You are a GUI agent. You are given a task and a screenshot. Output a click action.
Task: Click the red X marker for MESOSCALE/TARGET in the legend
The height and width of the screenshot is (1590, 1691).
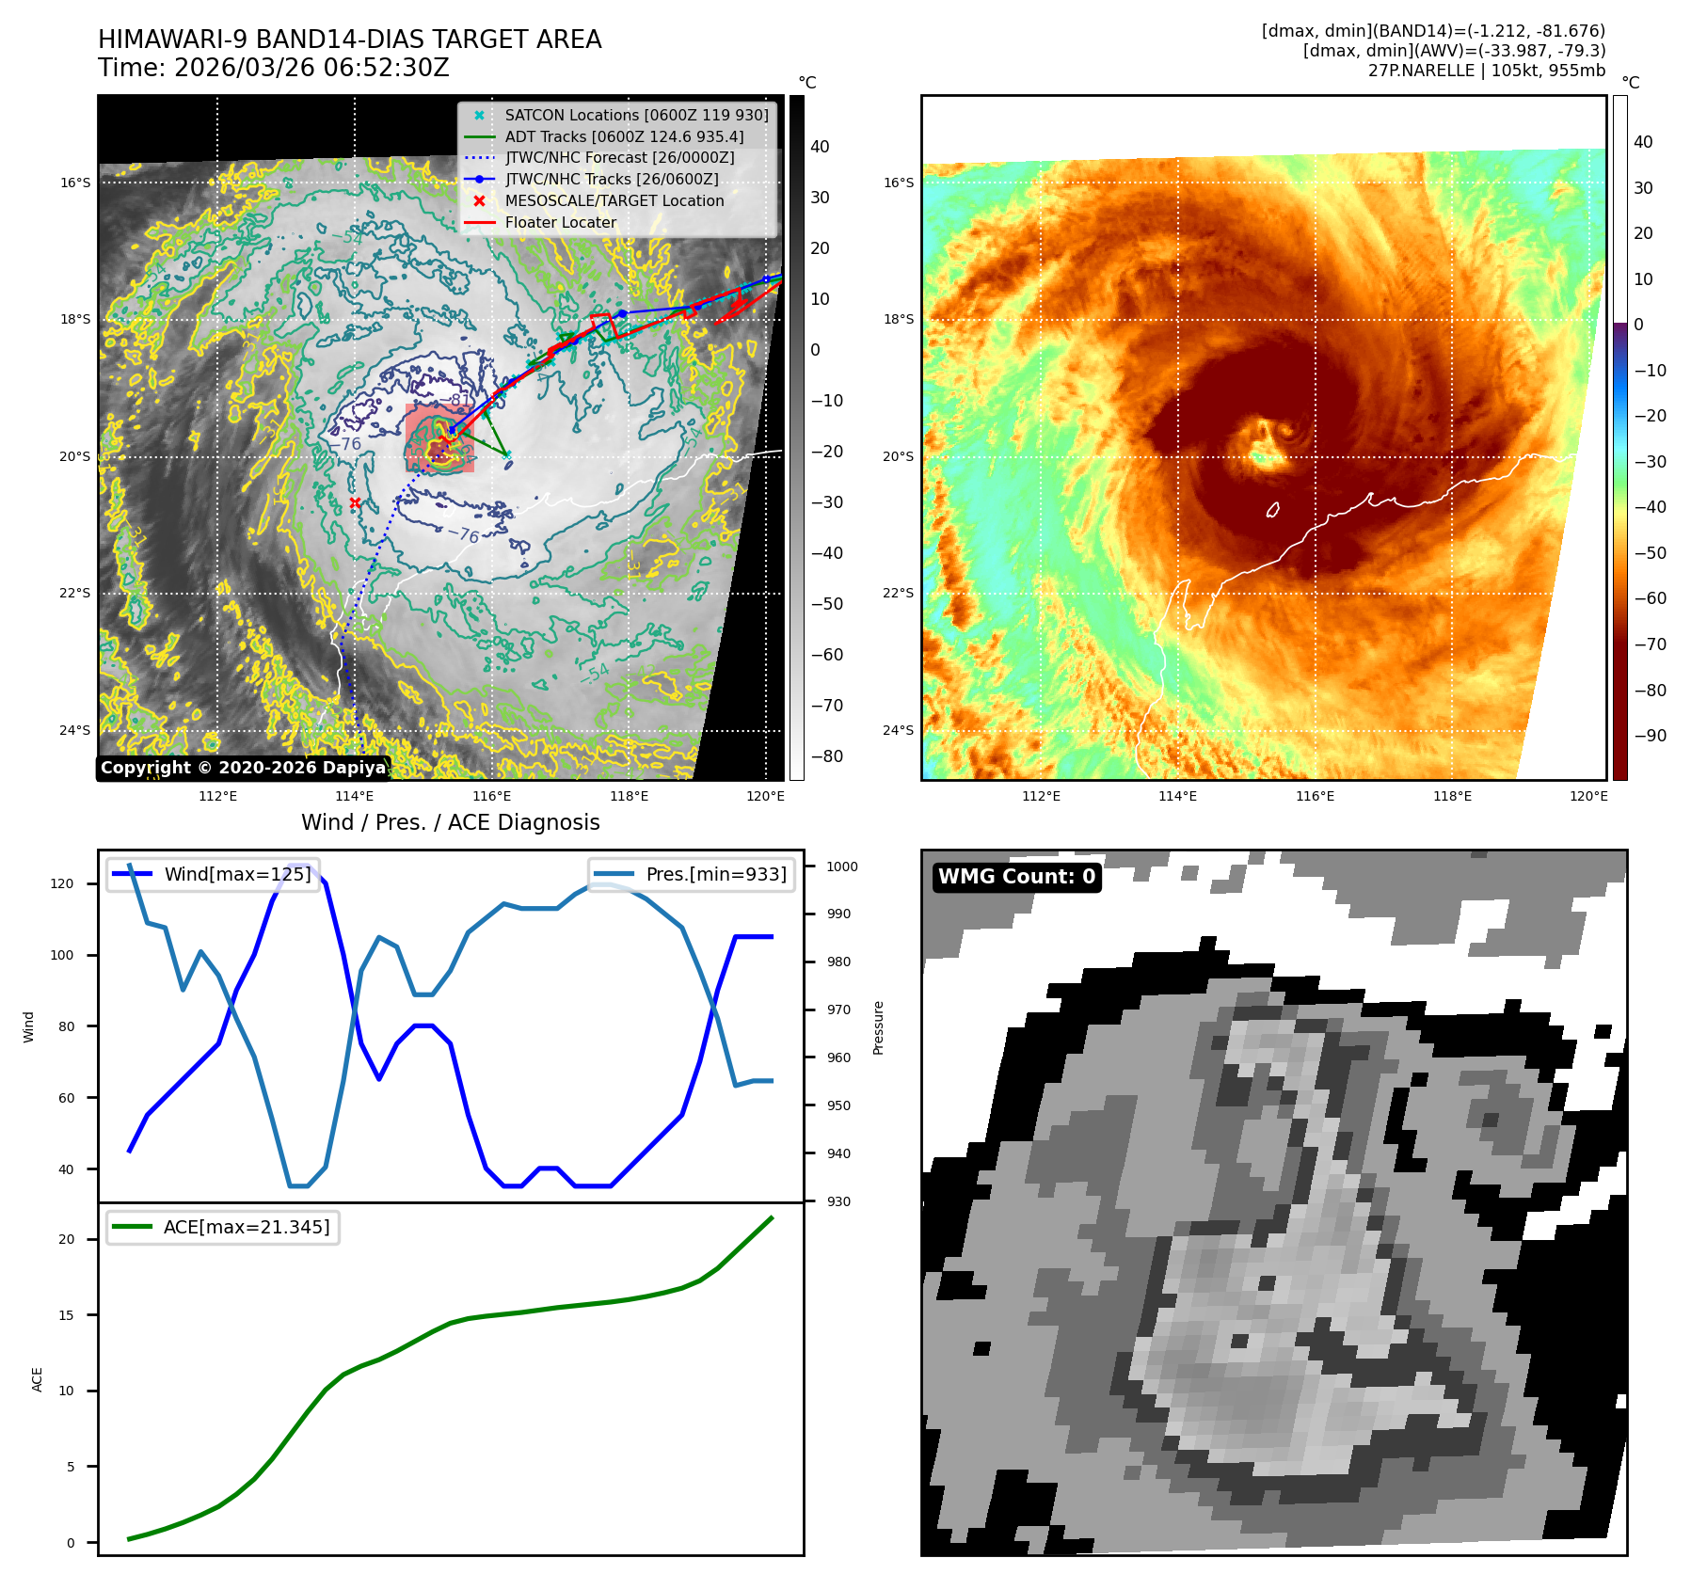479,200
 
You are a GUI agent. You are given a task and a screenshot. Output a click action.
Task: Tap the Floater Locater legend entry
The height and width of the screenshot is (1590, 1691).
561,222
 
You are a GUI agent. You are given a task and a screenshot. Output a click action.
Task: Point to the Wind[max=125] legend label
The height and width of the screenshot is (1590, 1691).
237,874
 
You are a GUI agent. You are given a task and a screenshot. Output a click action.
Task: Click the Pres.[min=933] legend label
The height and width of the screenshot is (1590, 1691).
716,874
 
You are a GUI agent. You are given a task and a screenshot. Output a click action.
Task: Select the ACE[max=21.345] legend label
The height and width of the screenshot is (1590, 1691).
247,1227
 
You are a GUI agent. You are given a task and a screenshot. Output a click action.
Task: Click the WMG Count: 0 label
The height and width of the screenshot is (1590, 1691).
1016,877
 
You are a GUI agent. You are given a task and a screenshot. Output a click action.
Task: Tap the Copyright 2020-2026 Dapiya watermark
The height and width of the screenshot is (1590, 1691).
243,768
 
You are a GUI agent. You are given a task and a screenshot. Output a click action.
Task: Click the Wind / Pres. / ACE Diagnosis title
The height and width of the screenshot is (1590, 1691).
450,822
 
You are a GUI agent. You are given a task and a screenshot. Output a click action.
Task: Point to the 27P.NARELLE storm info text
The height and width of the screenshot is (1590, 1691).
1486,71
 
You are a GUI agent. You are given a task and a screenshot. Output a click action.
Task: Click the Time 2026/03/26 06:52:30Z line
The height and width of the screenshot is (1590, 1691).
274,68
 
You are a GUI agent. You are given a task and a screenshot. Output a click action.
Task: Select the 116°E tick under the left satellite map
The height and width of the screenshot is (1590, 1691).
492,796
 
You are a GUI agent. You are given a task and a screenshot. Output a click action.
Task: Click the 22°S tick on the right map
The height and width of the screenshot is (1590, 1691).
898,593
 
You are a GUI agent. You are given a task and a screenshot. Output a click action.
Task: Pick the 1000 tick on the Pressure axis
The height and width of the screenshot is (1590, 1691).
842,867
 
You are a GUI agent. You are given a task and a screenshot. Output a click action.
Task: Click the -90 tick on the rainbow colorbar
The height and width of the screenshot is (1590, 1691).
1650,736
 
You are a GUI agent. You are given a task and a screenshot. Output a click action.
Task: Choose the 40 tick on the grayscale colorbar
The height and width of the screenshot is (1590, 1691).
820,147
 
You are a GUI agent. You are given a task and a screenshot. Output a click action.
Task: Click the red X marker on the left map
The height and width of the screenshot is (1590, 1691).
355,503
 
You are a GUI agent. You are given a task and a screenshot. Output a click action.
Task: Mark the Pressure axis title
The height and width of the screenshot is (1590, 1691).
878,1027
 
